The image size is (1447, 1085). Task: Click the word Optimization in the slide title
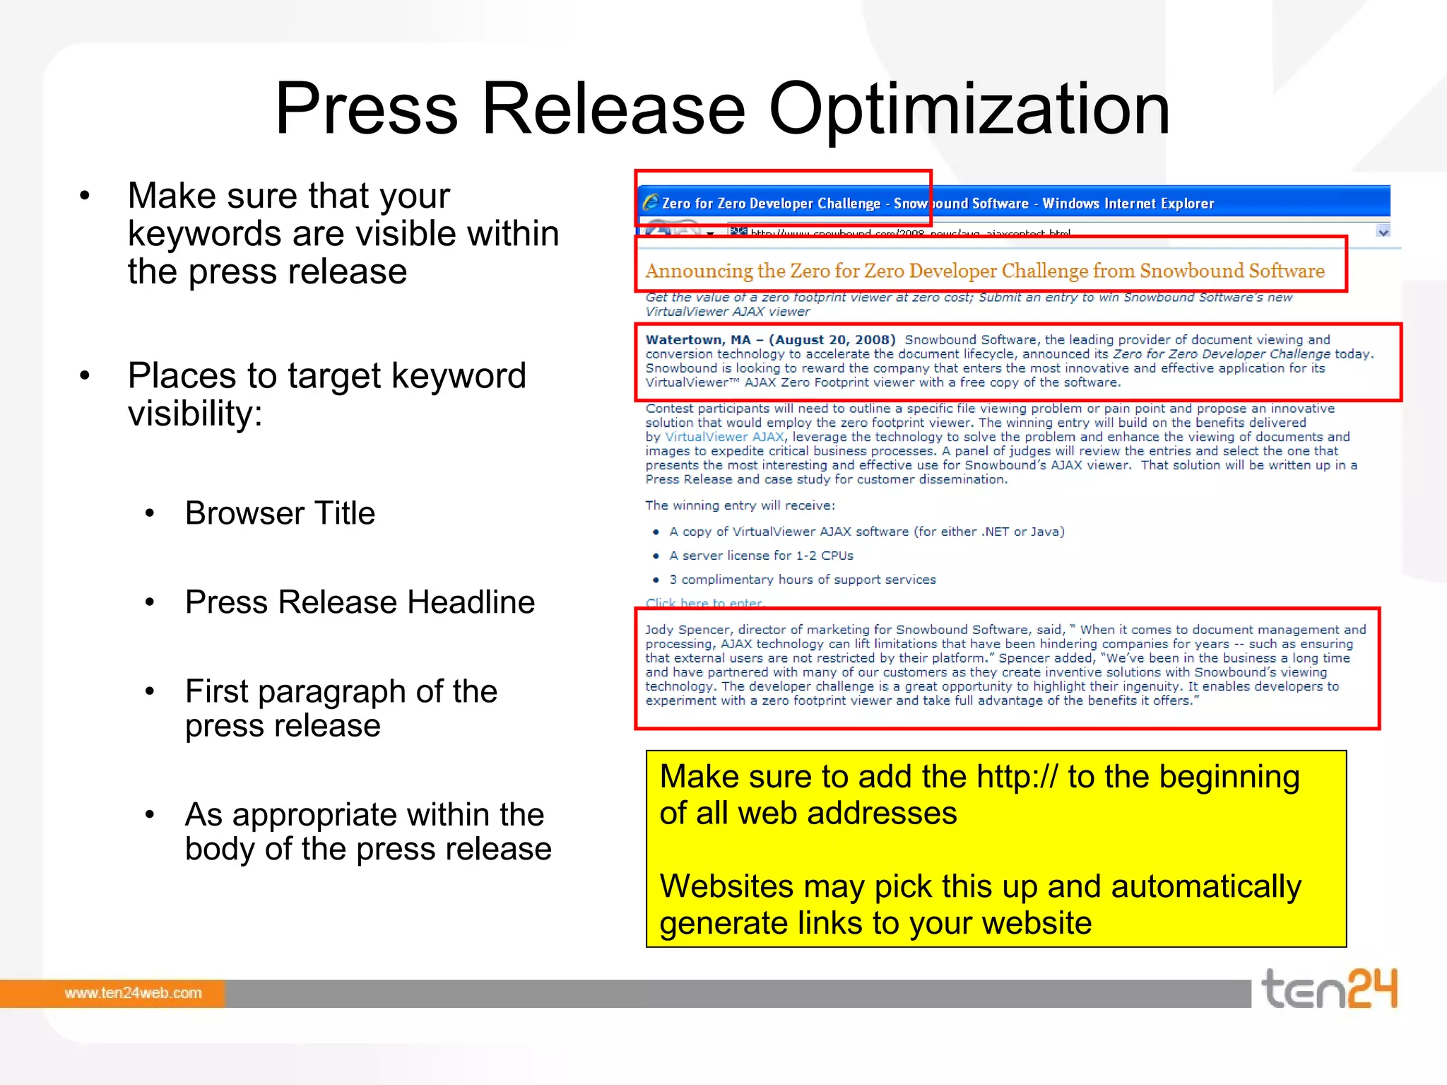pos(969,110)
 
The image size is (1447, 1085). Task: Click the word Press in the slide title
pos(366,110)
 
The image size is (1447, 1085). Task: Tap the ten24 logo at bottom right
pos(1329,989)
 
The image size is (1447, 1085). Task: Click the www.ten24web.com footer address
pos(133,993)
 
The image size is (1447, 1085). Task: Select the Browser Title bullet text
pos(280,513)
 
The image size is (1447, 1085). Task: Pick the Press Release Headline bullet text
pos(360,602)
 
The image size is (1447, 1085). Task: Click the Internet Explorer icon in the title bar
pos(650,203)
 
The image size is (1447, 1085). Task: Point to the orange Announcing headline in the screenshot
pos(984,271)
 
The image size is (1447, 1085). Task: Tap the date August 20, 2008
pos(832,340)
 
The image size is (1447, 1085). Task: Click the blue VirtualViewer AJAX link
pos(725,437)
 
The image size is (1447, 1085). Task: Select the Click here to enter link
pos(704,603)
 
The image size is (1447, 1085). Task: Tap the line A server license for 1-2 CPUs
pos(761,556)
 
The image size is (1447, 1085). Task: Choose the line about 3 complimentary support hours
pos(802,580)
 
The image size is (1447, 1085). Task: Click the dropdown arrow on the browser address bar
pos(1383,232)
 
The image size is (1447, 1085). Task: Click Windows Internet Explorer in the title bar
pos(1128,204)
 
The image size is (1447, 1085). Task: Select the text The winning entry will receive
pos(740,505)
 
